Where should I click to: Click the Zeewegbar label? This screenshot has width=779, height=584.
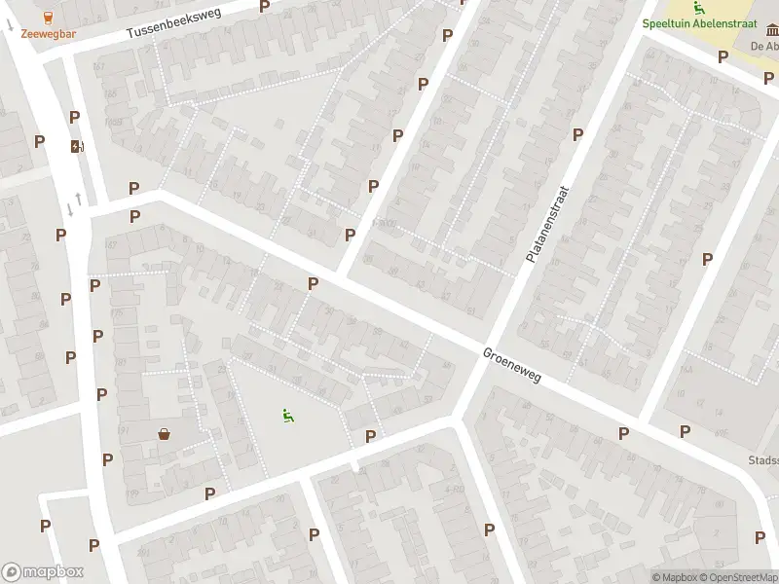click(49, 33)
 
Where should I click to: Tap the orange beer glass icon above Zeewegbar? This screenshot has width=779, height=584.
click(49, 17)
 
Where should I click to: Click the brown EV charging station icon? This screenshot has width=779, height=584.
click(76, 147)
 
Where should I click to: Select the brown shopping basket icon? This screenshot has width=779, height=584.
click(164, 434)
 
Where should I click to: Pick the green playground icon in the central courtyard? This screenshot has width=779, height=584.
click(287, 417)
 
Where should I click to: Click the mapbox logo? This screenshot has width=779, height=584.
click(43, 572)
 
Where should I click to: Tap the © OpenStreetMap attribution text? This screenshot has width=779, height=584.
click(741, 577)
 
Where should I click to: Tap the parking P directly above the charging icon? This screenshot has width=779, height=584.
click(74, 117)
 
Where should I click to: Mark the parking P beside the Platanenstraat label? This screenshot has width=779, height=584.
click(577, 134)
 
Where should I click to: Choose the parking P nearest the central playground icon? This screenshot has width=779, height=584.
click(370, 436)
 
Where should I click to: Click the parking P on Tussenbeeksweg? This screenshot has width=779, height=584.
click(264, 6)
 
